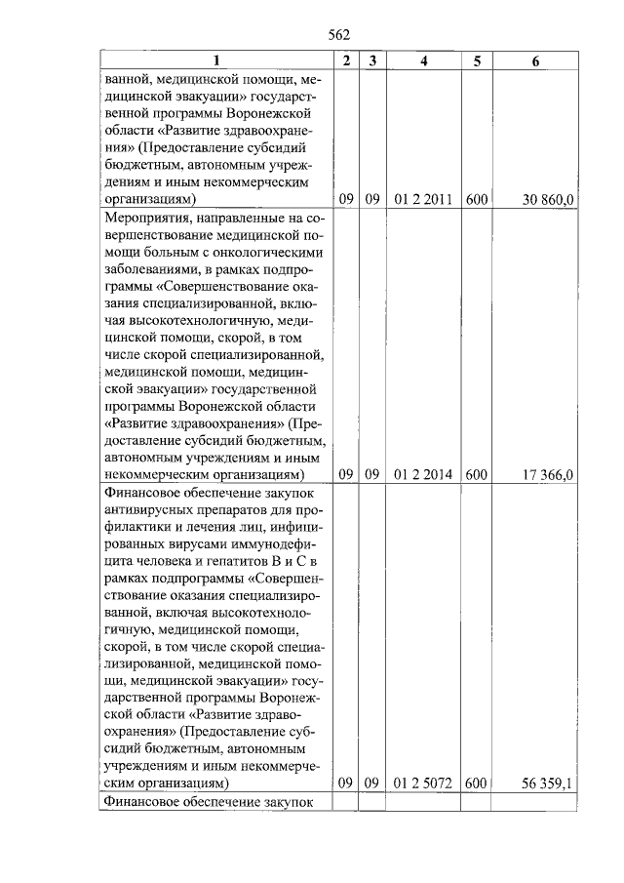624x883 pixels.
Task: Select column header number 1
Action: click(x=216, y=61)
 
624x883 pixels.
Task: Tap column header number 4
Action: click(x=423, y=61)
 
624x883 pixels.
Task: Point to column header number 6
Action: click(x=535, y=61)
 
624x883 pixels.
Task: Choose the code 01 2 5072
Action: click(x=423, y=783)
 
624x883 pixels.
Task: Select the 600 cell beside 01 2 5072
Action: click(x=476, y=783)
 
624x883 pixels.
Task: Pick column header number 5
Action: click(x=476, y=61)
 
